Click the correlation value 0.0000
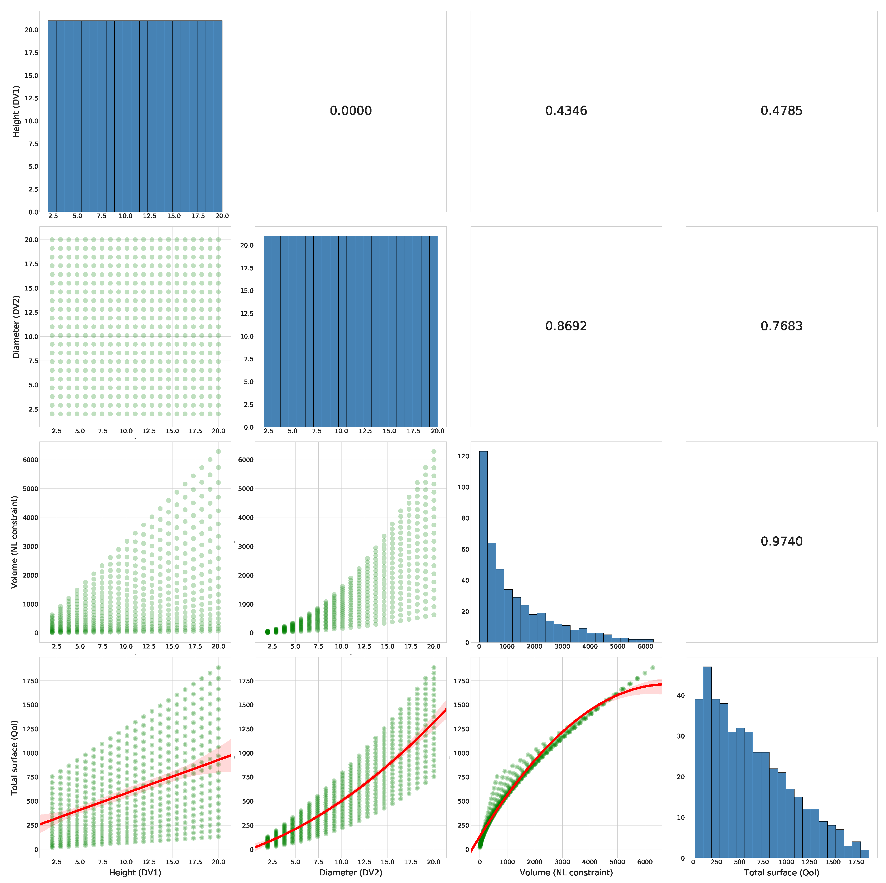pyautogui.click(x=350, y=110)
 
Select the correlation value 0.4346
pyautogui.click(x=566, y=110)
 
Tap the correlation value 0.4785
pyautogui.click(x=781, y=110)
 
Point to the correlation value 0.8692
pyautogui.click(x=566, y=326)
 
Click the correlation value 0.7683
pyautogui.click(x=781, y=326)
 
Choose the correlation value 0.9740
pyautogui.click(x=781, y=541)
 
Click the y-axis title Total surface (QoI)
pyautogui.click(x=15, y=757)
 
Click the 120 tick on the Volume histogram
pyautogui.click(x=463, y=456)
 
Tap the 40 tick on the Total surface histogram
pyautogui.click(x=681, y=695)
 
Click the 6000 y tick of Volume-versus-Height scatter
pyautogui.click(x=30, y=460)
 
